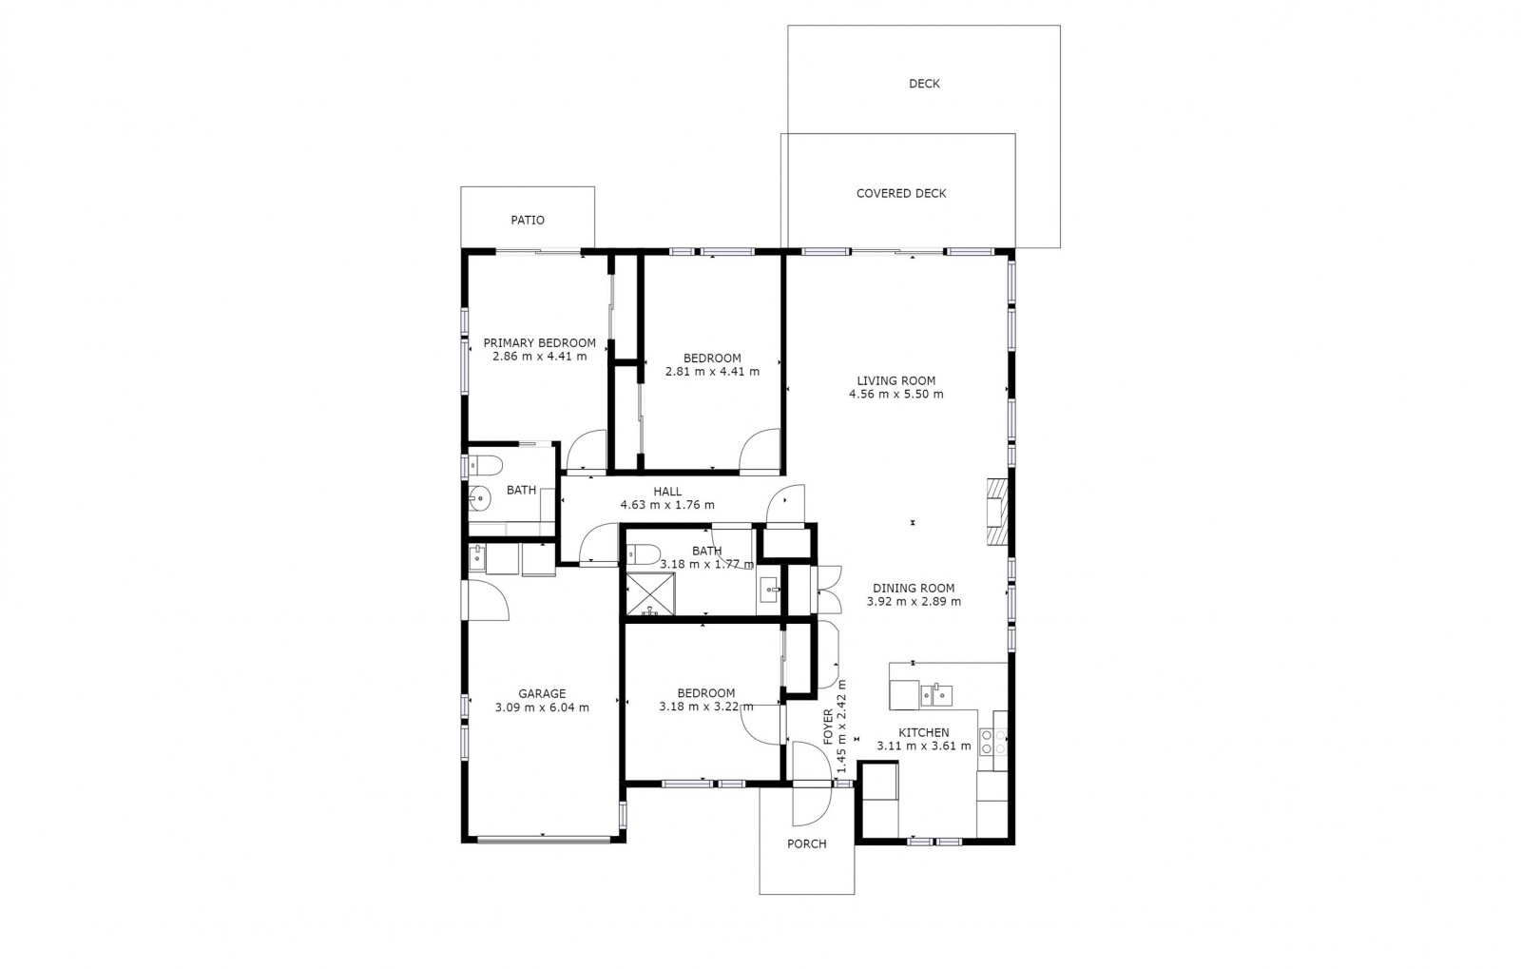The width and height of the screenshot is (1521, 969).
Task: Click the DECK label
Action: pos(924,84)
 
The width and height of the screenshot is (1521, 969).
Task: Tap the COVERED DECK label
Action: pos(901,194)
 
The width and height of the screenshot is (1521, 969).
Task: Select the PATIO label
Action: pos(528,220)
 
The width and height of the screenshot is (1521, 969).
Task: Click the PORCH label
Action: pos(807,844)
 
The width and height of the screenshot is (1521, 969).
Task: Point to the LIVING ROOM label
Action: pos(896,381)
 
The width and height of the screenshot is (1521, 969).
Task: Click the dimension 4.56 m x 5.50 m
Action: pos(896,394)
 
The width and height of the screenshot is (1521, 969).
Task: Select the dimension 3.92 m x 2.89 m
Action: pos(914,601)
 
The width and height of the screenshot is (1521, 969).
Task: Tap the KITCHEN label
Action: pos(924,732)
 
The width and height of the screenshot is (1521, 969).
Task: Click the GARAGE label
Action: pos(542,694)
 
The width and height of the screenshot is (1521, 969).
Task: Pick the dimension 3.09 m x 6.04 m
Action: pos(542,707)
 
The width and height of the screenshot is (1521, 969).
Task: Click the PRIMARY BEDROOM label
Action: pos(540,343)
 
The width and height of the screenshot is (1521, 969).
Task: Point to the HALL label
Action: pos(667,492)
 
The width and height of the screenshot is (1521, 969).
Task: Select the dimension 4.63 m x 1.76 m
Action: pos(667,505)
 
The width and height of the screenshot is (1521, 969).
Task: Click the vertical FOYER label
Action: pos(828,727)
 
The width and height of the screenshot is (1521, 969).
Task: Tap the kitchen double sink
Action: pos(936,696)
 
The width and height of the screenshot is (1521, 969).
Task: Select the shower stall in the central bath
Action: pos(650,594)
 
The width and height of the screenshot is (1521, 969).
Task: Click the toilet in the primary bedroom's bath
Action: pos(485,466)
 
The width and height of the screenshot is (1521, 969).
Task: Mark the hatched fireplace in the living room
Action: pos(997,512)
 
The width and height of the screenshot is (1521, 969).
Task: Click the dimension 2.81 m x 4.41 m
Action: pos(712,372)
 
